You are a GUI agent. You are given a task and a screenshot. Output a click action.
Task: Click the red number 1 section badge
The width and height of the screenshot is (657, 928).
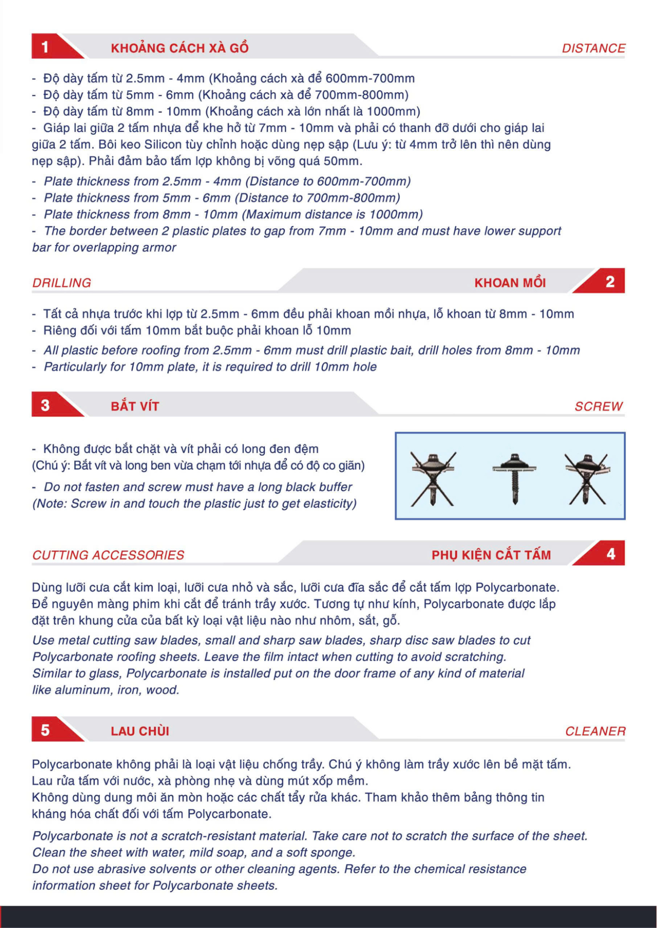51,46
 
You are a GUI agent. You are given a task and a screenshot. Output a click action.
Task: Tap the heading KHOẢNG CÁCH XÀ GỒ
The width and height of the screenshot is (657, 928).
180,48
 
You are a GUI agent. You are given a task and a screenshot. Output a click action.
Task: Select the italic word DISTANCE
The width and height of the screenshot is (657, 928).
593,48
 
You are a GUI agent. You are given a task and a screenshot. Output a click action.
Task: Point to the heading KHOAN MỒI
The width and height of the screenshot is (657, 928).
510,283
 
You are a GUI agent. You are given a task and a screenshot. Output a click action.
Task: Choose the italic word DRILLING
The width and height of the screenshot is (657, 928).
62,283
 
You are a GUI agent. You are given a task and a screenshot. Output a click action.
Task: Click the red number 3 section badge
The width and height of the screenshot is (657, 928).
51,405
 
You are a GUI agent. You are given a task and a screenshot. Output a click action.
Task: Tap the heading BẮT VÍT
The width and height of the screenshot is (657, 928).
135,406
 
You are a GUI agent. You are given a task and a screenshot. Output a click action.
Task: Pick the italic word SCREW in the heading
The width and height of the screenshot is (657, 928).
598,407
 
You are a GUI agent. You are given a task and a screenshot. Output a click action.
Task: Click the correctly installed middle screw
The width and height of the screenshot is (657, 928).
514,478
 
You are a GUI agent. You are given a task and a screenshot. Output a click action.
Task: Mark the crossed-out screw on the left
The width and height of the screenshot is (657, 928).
433,479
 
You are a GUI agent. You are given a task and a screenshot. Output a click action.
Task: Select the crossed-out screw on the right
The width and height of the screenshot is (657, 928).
587,479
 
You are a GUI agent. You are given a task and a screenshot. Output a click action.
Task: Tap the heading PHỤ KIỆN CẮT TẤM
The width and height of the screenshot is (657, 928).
491,555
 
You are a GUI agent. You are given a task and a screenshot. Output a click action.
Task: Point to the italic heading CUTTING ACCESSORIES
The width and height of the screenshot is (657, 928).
108,555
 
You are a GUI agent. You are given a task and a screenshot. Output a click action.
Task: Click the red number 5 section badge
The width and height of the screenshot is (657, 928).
51,729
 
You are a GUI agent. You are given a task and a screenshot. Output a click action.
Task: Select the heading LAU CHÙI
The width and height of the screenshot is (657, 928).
140,731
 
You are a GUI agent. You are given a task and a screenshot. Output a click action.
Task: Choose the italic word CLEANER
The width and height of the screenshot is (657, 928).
595,731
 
